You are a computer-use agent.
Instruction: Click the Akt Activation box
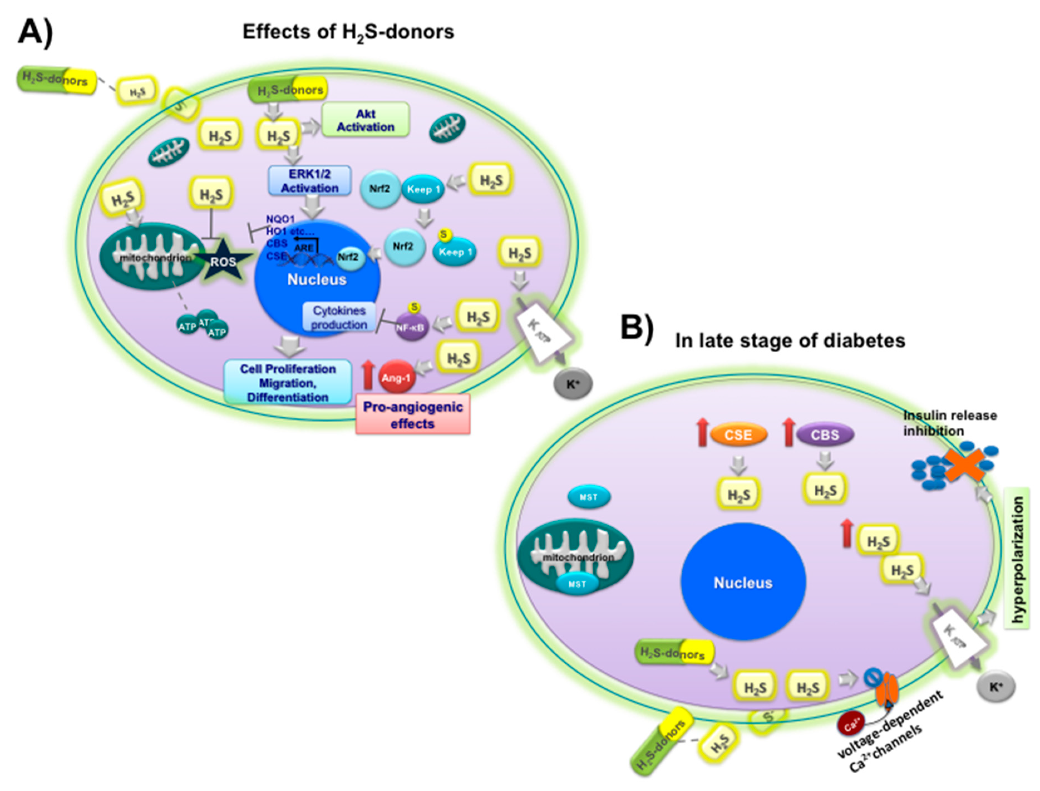(365, 120)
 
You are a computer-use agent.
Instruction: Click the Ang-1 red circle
(396, 377)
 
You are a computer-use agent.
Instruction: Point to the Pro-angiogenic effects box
(413, 415)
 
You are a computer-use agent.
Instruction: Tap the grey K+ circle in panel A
(572, 384)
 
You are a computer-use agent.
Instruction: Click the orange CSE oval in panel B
(738, 434)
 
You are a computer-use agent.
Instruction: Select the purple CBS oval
(824, 434)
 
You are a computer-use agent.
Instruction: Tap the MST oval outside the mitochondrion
(589, 497)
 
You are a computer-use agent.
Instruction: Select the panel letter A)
(35, 33)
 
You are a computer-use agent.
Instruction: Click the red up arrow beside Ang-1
(368, 375)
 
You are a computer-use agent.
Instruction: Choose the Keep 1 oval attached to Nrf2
(423, 189)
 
